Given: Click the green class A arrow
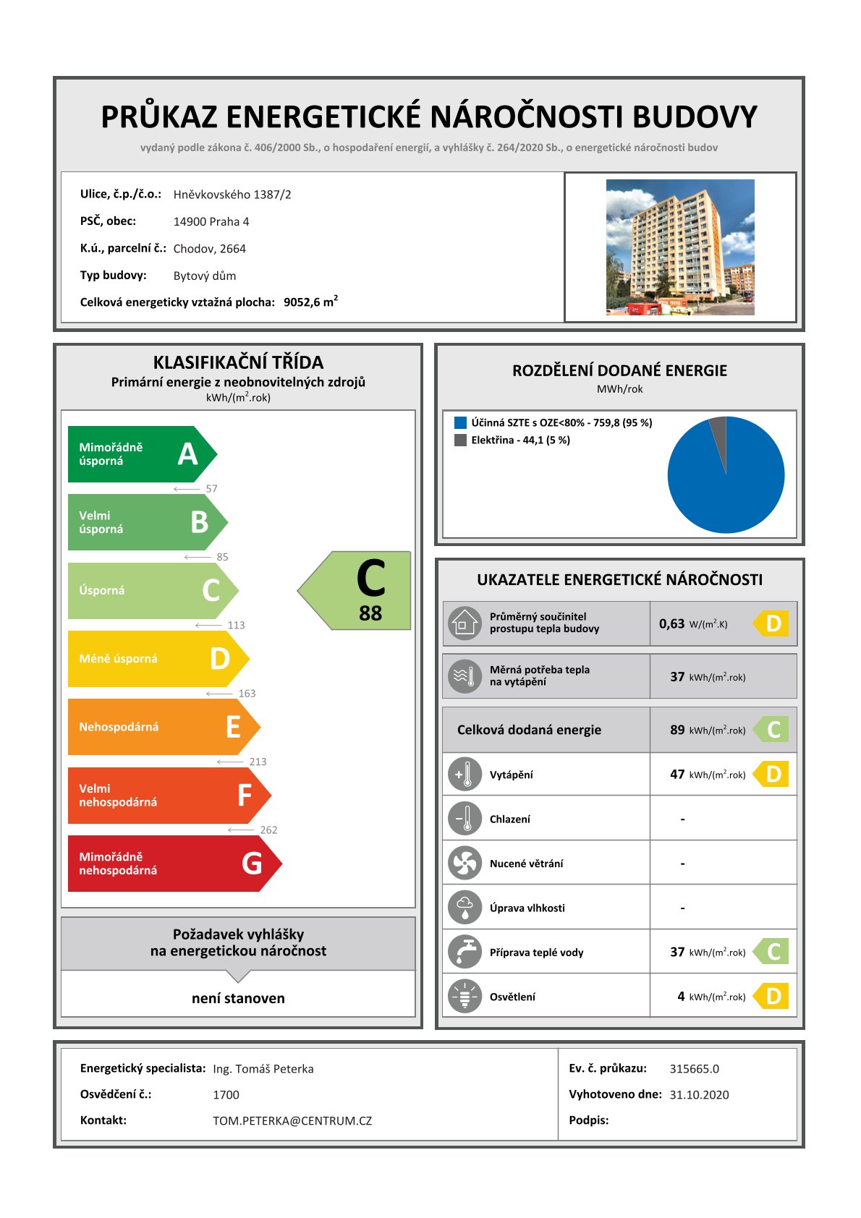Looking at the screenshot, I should [x=137, y=454].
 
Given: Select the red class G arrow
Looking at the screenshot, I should [x=170, y=864].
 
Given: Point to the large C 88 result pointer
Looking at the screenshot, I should [x=362, y=591].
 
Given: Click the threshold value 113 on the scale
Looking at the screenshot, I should [x=236, y=626].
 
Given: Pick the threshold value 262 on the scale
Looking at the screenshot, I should [x=268, y=830].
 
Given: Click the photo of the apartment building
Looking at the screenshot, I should [x=679, y=247].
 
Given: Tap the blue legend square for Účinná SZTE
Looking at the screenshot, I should [x=460, y=423].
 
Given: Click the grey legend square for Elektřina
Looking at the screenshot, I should [x=460, y=440].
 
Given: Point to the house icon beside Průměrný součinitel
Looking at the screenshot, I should [x=465, y=623].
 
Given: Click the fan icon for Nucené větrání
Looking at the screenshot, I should [x=465, y=863].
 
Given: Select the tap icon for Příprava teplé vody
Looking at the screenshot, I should [x=465, y=952].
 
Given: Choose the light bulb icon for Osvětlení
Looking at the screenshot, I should [x=465, y=996].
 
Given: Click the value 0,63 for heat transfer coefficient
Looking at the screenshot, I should [x=671, y=623].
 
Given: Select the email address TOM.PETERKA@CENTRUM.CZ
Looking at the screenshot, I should [x=292, y=1121].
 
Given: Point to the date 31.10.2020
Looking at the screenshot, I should [x=699, y=1095].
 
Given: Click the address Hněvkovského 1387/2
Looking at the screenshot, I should [x=232, y=195].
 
